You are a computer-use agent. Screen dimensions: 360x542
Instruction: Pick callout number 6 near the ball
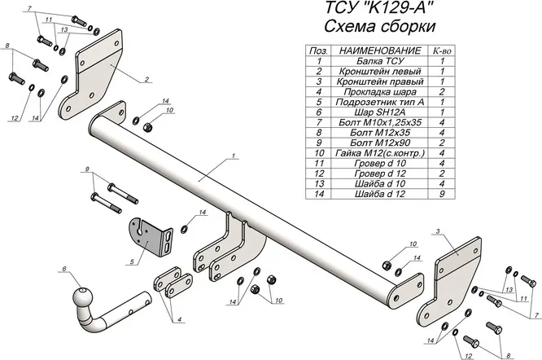pos(63,269)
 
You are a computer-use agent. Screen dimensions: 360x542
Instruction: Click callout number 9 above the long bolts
pos(84,169)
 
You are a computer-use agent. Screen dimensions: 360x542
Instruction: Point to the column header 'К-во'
pos(442,50)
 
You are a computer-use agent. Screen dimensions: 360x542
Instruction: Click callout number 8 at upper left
pos(7,48)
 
